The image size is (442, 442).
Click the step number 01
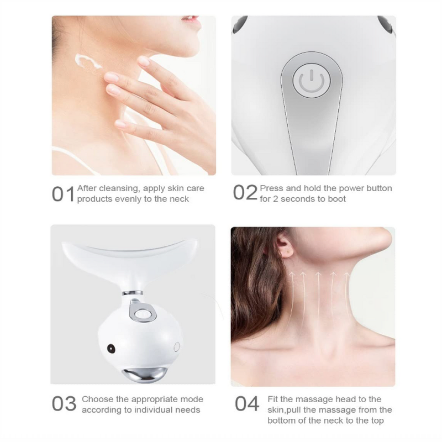tap(63, 194)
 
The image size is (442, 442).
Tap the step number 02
tap(245, 193)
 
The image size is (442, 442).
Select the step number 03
tap(64, 404)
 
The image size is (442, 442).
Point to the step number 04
tap(247, 404)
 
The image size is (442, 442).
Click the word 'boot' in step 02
tap(336, 199)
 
